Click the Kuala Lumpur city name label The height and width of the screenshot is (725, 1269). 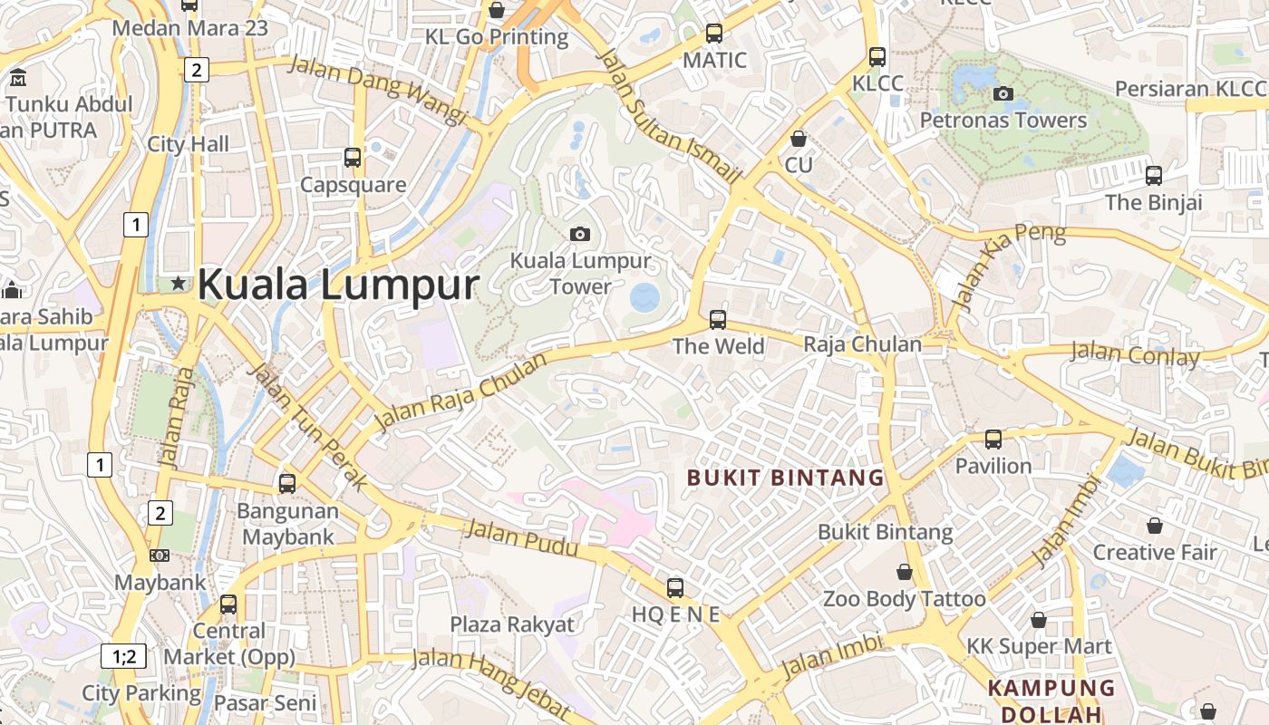pos(337,285)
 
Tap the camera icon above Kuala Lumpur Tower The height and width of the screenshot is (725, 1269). pos(580,234)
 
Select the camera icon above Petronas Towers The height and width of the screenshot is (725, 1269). pos(1003,93)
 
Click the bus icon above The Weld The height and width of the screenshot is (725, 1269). pos(718,319)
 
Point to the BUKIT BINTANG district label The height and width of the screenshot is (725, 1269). pos(785,478)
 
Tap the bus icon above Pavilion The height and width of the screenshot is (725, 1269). pos(993,440)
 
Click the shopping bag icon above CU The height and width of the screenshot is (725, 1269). pos(799,139)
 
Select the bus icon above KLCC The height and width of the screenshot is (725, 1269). pos(877,56)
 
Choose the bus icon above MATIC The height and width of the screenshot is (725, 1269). pos(714,34)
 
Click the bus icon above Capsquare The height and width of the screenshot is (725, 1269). pos(353,158)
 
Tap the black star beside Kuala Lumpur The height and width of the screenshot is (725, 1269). pos(179,285)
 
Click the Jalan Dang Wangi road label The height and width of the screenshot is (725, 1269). pos(377,91)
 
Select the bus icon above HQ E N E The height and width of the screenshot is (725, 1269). pos(675,587)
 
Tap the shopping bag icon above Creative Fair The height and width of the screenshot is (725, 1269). pos(1155,526)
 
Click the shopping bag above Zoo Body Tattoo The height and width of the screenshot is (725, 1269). pos(904,572)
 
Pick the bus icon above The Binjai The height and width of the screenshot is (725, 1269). pos(1153,175)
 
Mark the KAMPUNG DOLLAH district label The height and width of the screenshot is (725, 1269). pos(1051,701)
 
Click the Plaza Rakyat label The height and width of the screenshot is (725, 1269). pos(512,624)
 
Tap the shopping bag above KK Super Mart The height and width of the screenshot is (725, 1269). pos(1039,620)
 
